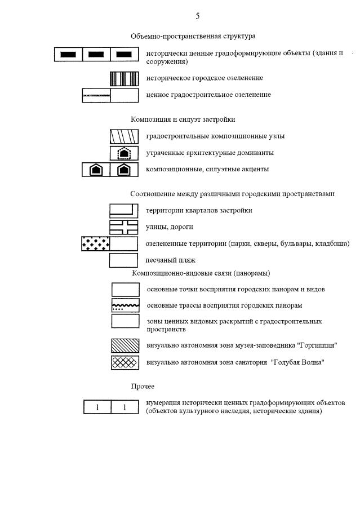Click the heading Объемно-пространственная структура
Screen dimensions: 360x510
[x=193, y=36]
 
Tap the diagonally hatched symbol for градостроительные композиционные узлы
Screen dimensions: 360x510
[x=124, y=136]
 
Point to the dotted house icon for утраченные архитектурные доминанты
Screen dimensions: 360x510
[x=124, y=153]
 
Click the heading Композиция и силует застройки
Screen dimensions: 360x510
[x=183, y=119]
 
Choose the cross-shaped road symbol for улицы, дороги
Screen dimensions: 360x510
[x=124, y=227]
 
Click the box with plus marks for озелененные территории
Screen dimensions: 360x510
[x=96, y=243]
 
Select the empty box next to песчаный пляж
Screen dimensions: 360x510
[x=124, y=260]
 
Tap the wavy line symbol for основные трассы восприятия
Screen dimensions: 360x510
[x=125, y=305]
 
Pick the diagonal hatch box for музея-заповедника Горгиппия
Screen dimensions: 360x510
[x=125, y=345]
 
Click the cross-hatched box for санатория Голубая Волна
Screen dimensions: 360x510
[x=125, y=362]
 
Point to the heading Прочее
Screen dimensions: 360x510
[x=143, y=387]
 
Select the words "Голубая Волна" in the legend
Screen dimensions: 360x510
[x=298, y=362]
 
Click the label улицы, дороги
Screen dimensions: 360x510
[x=170, y=227]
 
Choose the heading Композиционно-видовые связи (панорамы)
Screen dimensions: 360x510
[x=201, y=273]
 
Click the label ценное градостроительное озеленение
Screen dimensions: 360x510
[x=208, y=95]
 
